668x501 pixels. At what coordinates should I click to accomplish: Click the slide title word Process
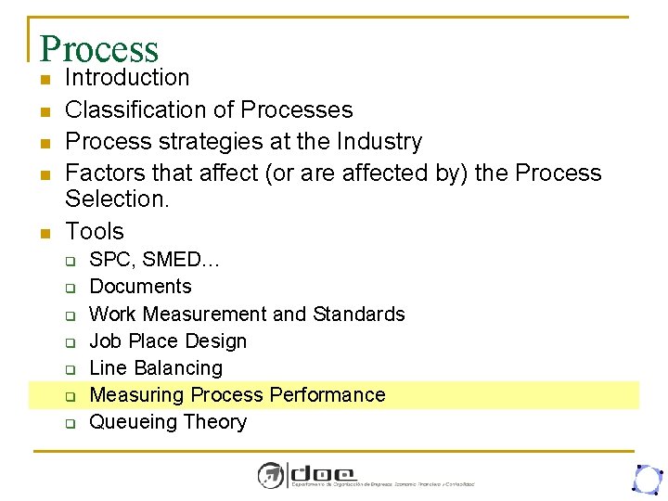[99, 48]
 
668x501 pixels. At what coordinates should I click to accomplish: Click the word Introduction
[127, 78]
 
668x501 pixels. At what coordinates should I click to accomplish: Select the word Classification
[133, 109]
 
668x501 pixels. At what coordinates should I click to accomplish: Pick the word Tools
[95, 231]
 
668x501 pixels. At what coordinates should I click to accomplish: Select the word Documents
[140, 287]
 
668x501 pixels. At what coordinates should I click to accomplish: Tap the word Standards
[359, 314]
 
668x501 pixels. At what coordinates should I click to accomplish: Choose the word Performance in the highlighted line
[327, 394]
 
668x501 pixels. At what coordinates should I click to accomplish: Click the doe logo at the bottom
[320, 475]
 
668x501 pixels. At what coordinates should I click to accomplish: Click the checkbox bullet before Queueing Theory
[70, 423]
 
